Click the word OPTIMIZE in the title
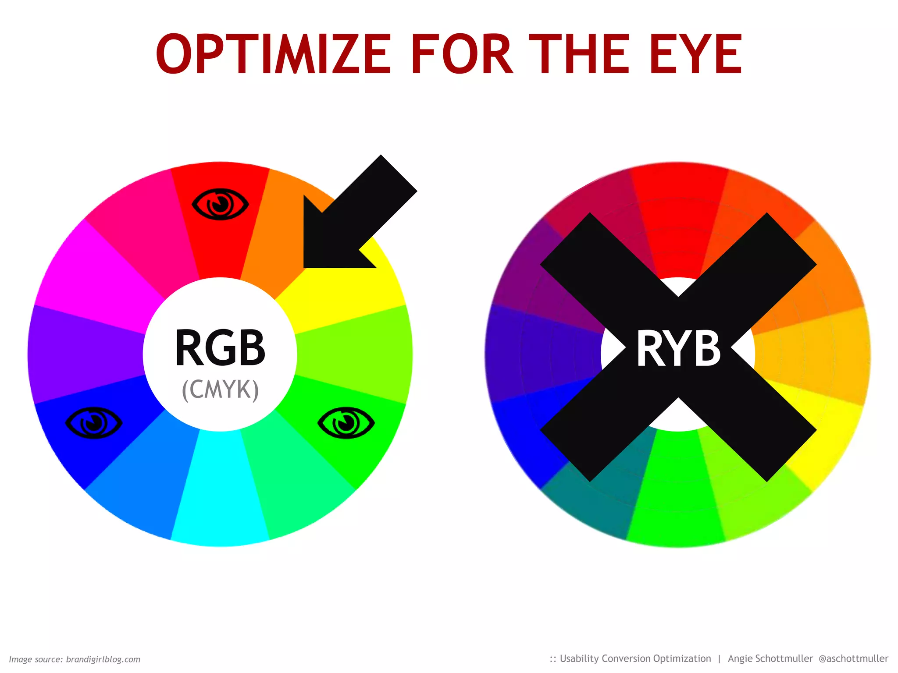[273, 54]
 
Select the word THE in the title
[580, 54]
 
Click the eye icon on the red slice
[220, 204]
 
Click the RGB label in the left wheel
[220, 347]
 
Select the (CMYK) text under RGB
[220, 390]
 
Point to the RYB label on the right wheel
[678, 349]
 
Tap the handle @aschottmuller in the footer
[853, 659]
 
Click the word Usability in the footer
[579, 659]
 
